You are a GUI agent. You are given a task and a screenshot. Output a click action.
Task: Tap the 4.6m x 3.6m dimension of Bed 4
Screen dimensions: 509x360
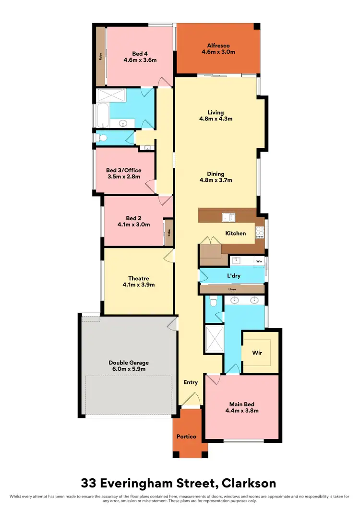coord(140,60)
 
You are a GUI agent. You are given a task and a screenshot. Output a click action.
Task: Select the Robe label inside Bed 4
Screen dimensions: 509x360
coord(101,56)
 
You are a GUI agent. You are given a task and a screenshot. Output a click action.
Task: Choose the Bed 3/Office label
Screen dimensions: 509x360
coord(123,170)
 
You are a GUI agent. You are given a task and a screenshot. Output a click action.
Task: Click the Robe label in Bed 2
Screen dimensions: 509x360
coord(168,233)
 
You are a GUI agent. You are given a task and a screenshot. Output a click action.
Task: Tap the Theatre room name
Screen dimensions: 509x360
coord(138,278)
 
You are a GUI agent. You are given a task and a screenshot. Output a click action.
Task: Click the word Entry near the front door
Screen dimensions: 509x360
coord(191,382)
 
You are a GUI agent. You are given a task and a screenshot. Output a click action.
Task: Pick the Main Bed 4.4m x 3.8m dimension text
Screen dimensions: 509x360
coord(242,411)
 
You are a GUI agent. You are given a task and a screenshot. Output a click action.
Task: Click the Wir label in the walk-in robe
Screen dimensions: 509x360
coord(257,353)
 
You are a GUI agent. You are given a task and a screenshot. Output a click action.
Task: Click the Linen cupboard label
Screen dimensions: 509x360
coord(232,289)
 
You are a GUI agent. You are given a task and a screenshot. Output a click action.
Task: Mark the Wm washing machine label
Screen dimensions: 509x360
coord(259,261)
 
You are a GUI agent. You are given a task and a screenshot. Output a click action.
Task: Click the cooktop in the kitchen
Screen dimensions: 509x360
coord(260,233)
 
